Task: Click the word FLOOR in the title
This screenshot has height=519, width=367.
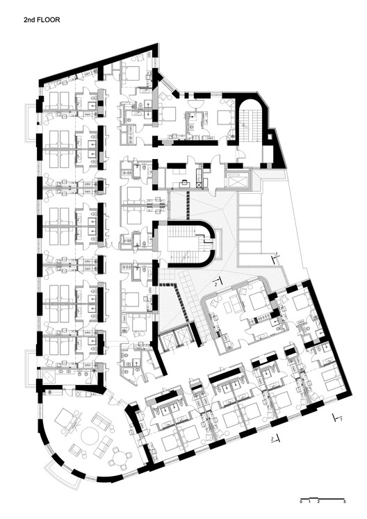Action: coord(49,20)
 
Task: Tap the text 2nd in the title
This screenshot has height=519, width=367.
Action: coord(28,20)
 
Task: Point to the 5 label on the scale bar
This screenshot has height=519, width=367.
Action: coord(345,502)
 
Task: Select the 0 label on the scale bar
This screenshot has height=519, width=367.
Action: coord(301,502)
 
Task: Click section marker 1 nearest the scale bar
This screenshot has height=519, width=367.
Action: coord(338,418)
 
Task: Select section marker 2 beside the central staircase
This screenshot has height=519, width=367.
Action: coord(217,283)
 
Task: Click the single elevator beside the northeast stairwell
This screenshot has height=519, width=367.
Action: coord(238,179)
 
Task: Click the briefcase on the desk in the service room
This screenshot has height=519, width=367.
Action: coord(183,182)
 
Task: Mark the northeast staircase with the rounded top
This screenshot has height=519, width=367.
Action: coord(251,122)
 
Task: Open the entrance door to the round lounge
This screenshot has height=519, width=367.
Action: coord(113,396)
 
